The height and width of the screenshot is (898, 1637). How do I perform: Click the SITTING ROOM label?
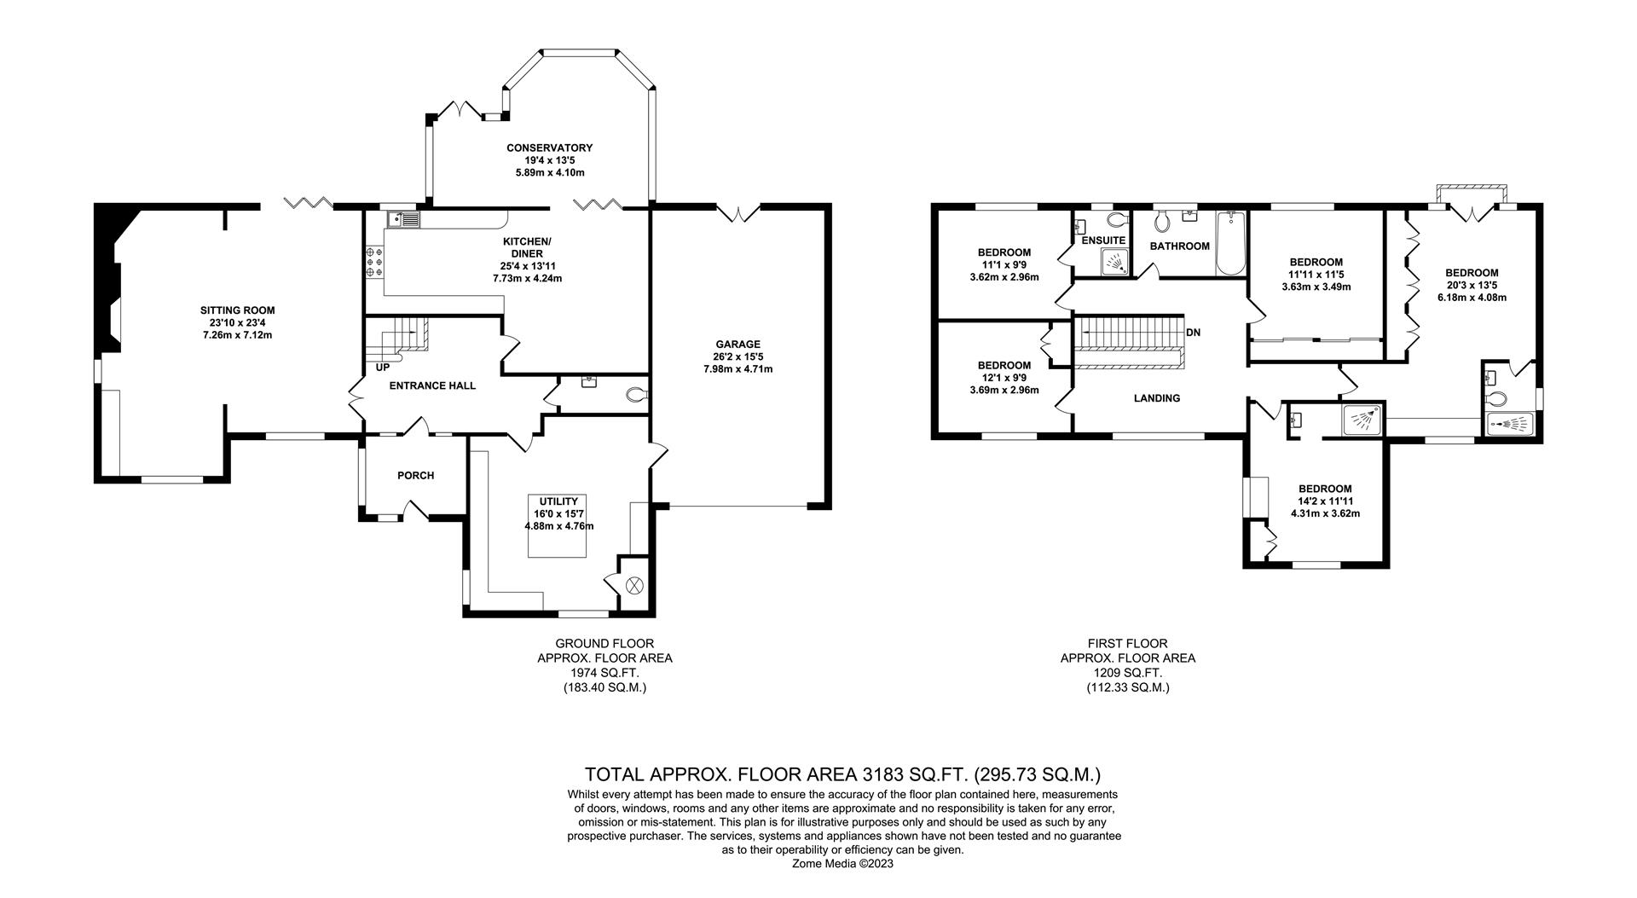[237, 310]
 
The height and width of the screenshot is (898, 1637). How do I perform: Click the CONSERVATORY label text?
[549, 148]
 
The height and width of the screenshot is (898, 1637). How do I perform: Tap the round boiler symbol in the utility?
[634, 585]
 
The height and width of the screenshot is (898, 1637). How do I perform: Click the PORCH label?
[415, 475]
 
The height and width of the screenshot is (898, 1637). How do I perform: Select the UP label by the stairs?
[383, 368]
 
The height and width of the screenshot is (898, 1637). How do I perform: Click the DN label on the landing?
[1193, 333]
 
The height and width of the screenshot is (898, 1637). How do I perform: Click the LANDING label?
[1157, 398]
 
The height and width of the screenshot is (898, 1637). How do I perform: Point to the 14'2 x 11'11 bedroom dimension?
[1325, 501]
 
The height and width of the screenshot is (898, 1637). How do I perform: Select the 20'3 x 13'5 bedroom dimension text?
[1472, 286]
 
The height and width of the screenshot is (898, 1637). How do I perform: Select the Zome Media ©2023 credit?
[843, 863]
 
